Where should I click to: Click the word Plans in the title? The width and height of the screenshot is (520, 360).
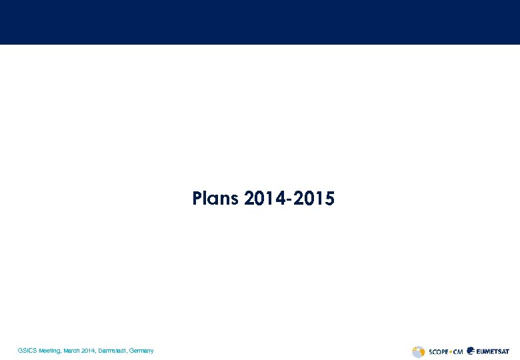point(215,199)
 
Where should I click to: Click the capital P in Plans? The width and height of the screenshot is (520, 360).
point(197,199)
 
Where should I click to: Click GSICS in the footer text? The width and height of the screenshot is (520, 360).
point(27,351)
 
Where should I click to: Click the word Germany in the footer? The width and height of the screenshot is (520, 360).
point(142,351)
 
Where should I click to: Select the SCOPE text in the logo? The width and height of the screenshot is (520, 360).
point(437,351)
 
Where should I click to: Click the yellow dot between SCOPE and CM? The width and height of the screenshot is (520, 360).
point(450,351)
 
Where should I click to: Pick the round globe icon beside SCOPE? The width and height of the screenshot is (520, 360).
point(419,351)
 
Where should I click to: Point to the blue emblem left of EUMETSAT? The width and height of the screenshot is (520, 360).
point(471,351)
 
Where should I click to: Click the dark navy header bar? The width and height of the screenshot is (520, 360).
point(260,22)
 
